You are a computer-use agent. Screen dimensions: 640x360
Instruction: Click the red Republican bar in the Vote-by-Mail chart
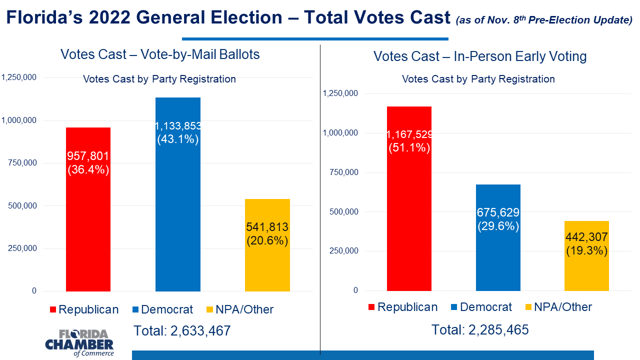point(88,209)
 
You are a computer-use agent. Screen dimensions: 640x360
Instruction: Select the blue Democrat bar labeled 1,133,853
point(177,194)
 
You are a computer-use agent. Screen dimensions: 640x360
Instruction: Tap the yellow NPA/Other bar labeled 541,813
point(267,245)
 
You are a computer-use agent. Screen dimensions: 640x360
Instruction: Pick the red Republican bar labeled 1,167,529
point(409,198)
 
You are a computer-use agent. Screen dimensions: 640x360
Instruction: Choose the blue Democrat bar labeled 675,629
point(498,237)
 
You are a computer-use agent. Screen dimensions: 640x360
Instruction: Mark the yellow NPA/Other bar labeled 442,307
point(586,256)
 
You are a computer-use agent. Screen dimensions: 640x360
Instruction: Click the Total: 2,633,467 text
point(182,331)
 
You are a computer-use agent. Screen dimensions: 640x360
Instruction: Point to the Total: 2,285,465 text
point(480,329)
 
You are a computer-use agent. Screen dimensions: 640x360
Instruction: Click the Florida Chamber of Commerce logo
point(79,343)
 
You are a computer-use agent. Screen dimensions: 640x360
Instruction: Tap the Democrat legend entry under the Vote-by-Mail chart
point(163,309)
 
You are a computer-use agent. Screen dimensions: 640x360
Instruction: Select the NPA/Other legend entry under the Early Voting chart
point(559,307)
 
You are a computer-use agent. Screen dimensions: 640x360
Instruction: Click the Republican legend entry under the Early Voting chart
point(403,307)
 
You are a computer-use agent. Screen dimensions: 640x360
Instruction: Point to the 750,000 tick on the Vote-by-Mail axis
point(22,163)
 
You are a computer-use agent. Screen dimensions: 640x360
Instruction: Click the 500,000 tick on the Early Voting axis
point(343,211)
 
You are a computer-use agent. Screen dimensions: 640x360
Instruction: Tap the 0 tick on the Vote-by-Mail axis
point(34,291)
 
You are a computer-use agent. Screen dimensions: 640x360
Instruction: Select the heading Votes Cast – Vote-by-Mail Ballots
point(160,54)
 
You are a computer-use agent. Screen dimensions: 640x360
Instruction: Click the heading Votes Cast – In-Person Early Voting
point(480,56)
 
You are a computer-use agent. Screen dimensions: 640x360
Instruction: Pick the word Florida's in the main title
point(44,17)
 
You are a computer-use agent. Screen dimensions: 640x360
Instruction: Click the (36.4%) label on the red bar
point(88,169)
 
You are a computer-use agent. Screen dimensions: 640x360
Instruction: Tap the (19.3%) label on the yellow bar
point(587,251)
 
